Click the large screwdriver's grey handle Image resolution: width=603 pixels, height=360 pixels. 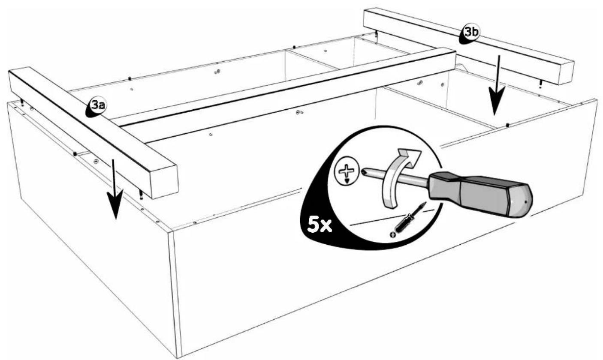480,193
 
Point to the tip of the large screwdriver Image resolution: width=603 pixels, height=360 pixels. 364,172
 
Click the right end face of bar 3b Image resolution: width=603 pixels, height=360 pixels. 567,73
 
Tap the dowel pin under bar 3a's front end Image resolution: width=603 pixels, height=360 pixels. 141,195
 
